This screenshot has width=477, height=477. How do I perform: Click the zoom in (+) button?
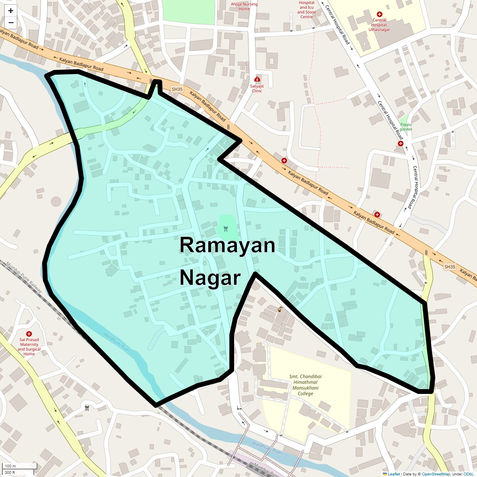(11, 11)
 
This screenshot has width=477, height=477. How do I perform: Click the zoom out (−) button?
(11, 23)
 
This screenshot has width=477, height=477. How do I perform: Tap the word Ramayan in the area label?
(227, 245)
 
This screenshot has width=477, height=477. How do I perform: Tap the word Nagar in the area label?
(210, 278)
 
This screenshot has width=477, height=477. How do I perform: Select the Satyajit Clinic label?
(257, 88)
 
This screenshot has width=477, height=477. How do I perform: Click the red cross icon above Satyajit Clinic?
(257, 79)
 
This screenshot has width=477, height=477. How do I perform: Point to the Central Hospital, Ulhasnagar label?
(379, 25)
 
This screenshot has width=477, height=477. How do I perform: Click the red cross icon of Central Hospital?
(380, 14)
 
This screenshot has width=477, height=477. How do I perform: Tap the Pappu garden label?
(406, 127)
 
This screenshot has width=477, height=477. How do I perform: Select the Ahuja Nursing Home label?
(244, 6)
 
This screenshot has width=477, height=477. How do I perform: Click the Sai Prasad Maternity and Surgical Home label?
(29, 347)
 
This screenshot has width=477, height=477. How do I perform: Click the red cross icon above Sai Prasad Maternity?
(29, 334)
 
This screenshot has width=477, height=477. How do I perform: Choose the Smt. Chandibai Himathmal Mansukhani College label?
(305, 385)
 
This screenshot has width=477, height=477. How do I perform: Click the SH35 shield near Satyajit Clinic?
(177, 89)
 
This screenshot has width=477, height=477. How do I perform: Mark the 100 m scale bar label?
(11, 466)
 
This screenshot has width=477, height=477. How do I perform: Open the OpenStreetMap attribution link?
(436, 474)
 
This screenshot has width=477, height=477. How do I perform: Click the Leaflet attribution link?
(394, 474)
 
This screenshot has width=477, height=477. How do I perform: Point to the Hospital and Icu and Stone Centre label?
(307, 10)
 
